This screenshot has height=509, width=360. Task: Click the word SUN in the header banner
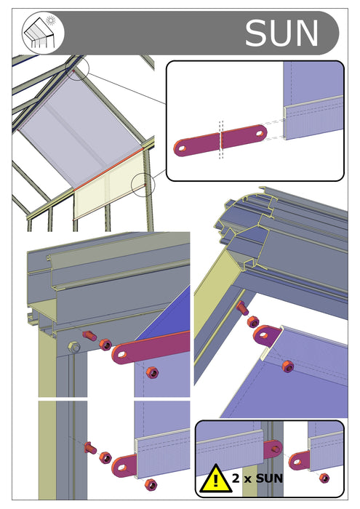(x=281, y=33)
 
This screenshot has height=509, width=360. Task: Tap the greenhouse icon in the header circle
(x=44, y=33)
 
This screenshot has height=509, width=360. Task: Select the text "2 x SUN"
(x=257, y=479)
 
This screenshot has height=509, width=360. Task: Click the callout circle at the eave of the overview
(x=143, y=185)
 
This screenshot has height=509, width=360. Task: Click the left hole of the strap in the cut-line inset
(x=182, y=147)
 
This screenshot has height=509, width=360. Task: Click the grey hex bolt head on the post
(x=73, y=346)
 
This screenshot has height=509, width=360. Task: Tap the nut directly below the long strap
(x=152, y=372)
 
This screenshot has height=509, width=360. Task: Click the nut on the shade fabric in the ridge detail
(x=288, y=367)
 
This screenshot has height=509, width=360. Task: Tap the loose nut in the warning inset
(x=324, y=478)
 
